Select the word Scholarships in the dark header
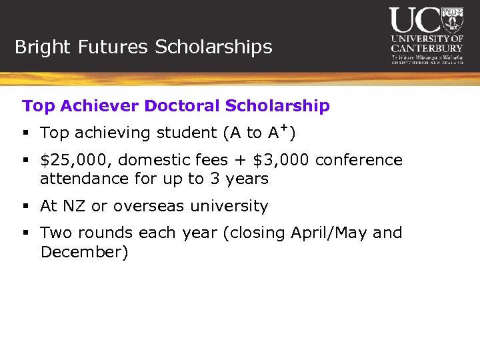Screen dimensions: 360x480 click(213, 47)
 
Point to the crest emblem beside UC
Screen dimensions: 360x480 click(452, 20)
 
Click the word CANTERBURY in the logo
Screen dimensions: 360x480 click(427, 48)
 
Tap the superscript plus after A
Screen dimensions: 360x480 click(285, 127)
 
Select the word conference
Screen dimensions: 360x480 click(359, 161)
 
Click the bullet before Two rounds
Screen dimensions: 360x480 click(26, 233)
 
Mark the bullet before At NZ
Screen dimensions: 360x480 click(26, 207)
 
